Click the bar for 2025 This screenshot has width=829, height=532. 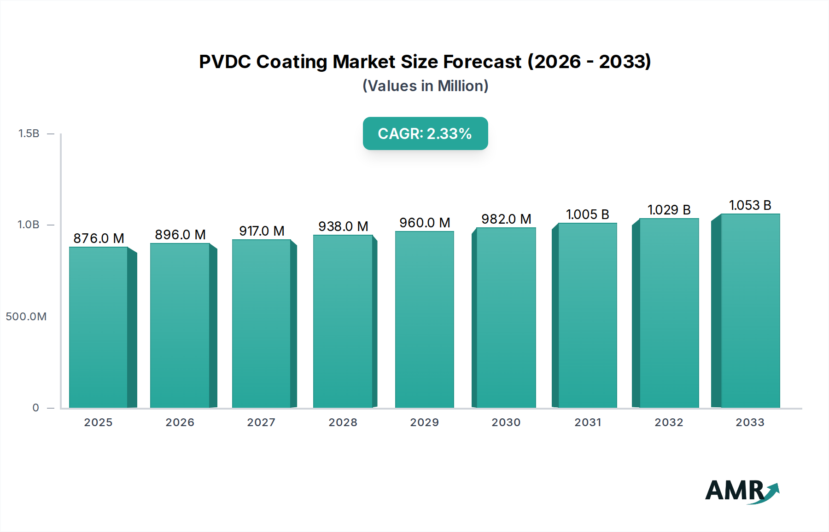point(99,327)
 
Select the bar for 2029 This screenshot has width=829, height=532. point(424,319)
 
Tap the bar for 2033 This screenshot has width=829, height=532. point(750,311)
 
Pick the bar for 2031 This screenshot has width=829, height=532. point(587,315)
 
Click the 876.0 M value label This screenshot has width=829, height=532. point(99,238)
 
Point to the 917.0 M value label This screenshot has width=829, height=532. point(262,231)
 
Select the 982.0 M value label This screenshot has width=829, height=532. point(506,219)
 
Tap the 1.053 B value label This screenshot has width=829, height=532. point(750,205)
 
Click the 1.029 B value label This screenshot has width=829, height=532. point(669,210)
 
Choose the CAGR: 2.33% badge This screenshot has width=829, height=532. point(425,133)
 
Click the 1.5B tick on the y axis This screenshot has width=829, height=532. point(29,133)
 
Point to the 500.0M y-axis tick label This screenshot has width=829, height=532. point(26,317)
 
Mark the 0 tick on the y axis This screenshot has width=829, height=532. point(35,408)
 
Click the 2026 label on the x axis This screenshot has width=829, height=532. point(180,422)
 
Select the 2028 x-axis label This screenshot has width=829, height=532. point(343,422)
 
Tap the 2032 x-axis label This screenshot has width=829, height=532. point(669,422)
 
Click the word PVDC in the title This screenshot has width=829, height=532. point(225,62)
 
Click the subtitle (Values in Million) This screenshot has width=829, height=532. point(425,86)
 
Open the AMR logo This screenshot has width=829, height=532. point(741,491)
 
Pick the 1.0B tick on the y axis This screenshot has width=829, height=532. point(29,225)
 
